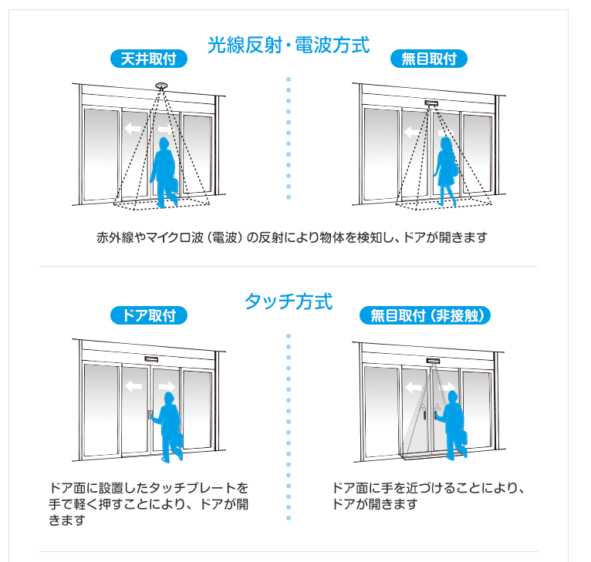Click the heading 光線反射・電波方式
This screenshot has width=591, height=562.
289,45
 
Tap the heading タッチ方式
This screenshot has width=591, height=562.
289,301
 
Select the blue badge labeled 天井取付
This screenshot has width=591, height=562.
149,59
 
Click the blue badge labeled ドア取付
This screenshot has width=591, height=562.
149,315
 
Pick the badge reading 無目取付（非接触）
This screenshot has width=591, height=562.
425,315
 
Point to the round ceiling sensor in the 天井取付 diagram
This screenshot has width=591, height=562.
162,86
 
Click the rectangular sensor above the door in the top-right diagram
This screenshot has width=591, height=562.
431,103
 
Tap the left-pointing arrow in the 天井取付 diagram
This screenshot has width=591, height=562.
133,129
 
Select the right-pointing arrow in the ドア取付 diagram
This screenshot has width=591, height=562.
167,386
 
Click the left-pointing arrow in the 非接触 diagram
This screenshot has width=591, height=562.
413,387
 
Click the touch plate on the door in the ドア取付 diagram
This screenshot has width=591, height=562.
150,415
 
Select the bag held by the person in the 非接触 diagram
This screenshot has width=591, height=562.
463,439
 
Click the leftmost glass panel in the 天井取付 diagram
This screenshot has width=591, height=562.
101,154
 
